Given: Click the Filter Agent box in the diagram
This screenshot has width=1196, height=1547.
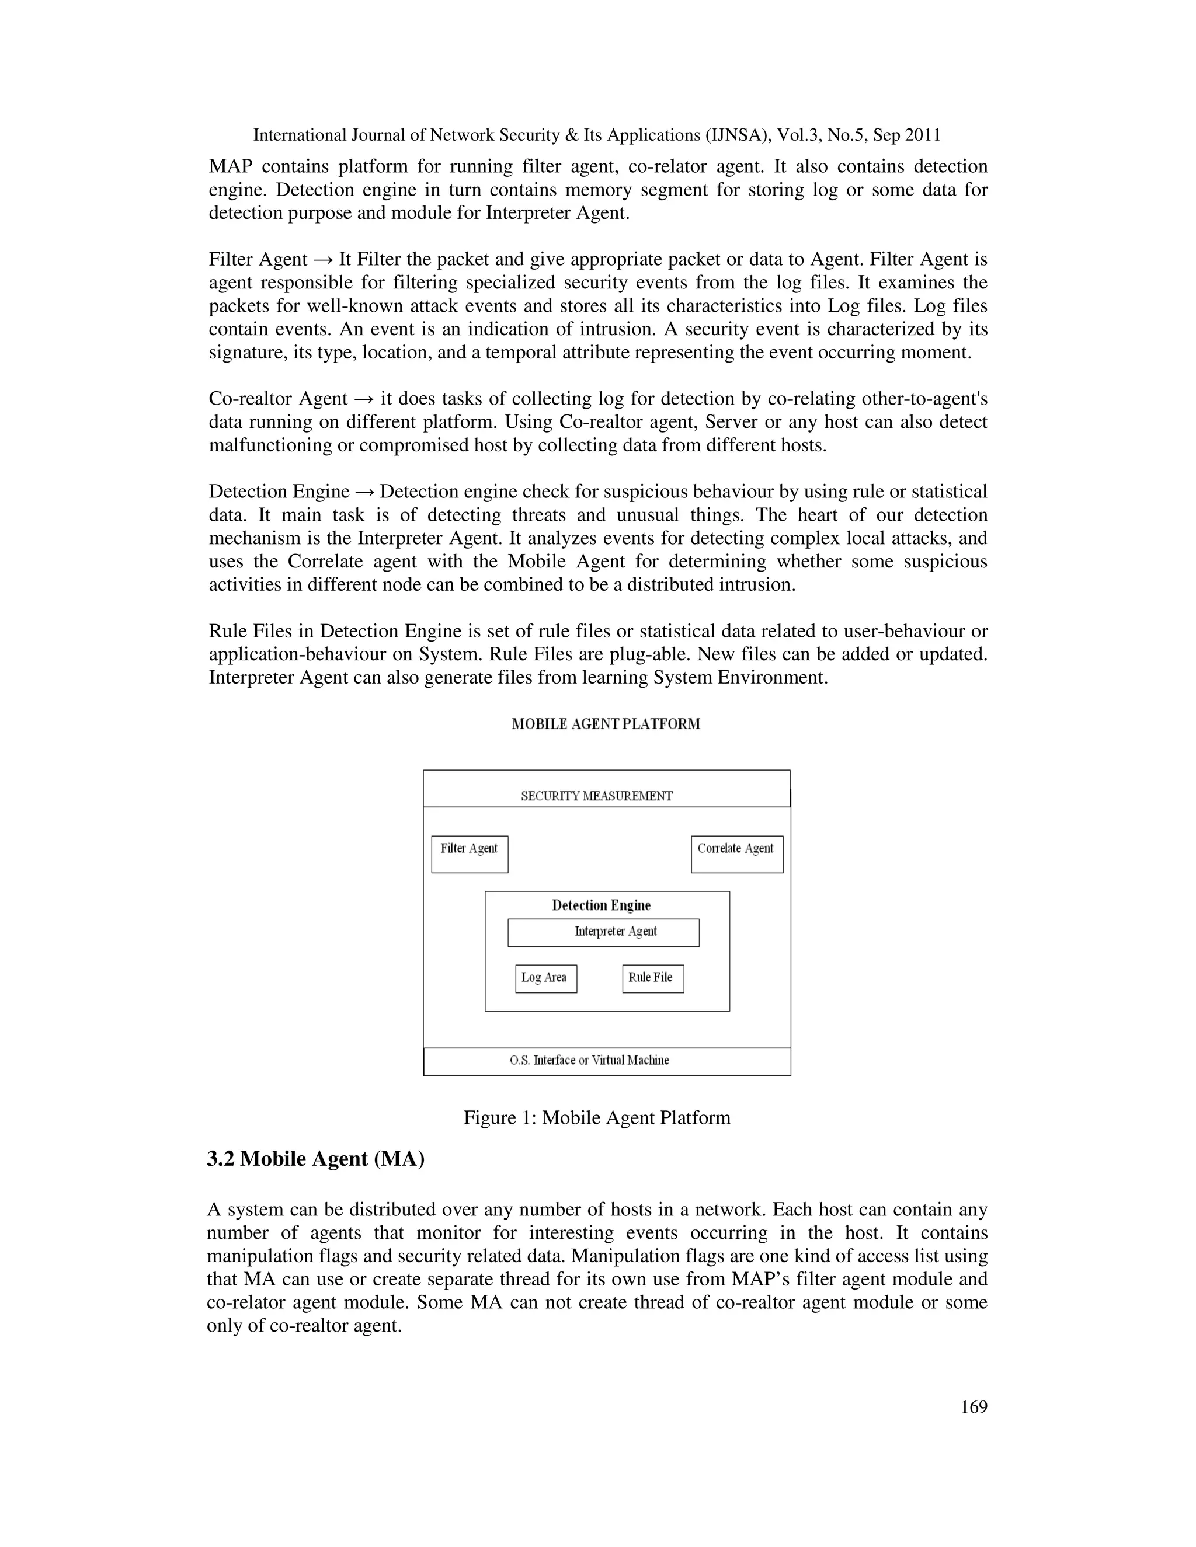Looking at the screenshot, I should tap(469, 853).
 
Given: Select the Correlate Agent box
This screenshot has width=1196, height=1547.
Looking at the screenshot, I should tap(736, 853).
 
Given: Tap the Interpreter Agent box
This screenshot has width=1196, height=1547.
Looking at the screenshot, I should tap(603, 932).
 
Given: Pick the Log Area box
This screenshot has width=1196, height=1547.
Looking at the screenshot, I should tap(545, 978).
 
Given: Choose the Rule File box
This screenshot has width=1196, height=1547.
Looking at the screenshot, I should tap(652, 978).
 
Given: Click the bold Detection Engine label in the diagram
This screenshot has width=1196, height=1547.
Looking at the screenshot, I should tap(601, 905).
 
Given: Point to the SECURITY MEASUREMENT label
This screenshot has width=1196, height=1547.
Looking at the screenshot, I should tap(597, 796).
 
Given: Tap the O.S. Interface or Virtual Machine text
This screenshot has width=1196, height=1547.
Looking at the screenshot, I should tap(589, 1060).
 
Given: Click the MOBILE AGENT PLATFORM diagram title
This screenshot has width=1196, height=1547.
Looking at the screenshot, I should tap(606, 724).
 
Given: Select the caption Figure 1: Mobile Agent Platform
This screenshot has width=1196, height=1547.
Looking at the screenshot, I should tap(597, 1118).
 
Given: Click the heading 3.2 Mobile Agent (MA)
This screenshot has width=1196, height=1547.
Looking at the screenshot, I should tap(315, 1159).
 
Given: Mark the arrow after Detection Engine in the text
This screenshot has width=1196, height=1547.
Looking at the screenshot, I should tap(365, 492).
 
